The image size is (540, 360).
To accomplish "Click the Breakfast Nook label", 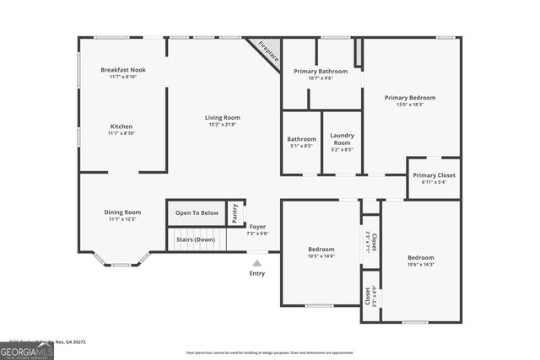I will coord(122,70).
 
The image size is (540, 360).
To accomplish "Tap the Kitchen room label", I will coord(121,126).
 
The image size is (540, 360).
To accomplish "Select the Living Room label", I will coord(223,117).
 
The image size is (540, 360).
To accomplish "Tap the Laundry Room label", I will coord(342,136).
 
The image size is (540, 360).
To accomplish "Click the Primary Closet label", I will coord(434,175).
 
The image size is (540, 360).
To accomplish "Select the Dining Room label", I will coord(122,212).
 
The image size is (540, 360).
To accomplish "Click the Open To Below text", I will coord(197,212).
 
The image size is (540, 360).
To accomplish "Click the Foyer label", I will coord(257,227).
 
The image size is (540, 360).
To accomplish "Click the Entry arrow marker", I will coord(257,263).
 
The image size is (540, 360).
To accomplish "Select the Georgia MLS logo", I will coord(27,349).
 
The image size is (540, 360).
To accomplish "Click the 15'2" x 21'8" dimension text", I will coord(223,124).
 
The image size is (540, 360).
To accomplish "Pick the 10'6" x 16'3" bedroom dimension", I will coord(421,264).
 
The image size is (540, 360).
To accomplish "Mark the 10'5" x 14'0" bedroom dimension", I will coord(321,255).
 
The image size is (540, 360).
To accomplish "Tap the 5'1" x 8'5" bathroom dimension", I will coord(301,146).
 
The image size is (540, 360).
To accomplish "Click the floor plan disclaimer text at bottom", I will coord(270,352).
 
